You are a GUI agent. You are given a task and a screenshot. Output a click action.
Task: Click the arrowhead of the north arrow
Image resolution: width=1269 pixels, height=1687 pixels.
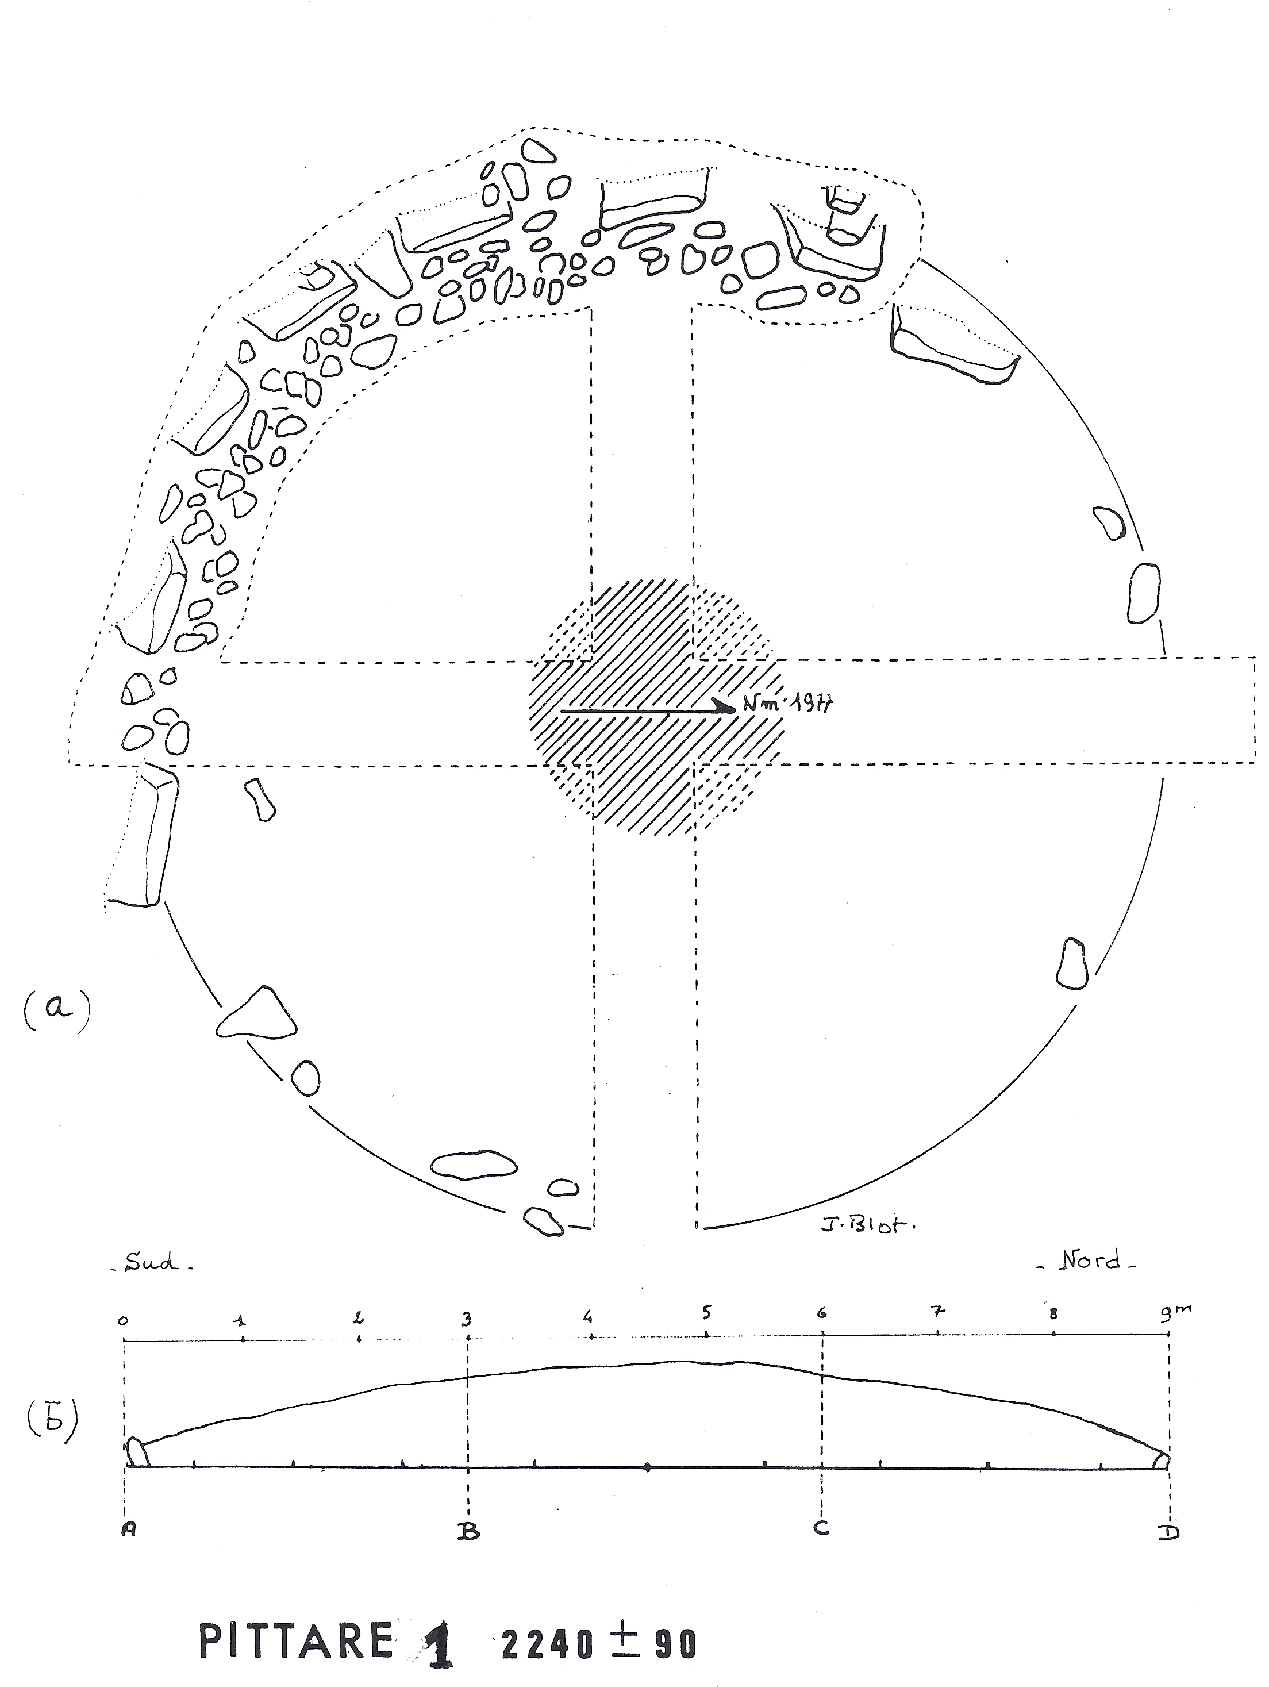click(x=722, y=707)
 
